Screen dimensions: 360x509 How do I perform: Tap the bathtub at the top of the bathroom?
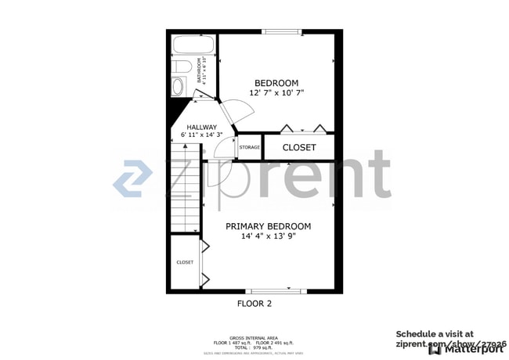pos(194,45)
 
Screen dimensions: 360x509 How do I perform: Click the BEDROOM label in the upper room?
pos(276,83)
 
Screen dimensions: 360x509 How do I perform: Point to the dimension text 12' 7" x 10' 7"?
pos(276,93)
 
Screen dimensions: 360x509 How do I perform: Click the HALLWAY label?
pos(201,128)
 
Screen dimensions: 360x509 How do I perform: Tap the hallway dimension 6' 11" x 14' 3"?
pos(201,136)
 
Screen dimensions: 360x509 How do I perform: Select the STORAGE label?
pos(249,147)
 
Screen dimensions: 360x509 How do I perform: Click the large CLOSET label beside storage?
pos(299,147)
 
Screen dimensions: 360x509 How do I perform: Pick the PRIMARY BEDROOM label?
pos(269,227)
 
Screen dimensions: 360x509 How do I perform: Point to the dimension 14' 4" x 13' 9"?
pos(269,237)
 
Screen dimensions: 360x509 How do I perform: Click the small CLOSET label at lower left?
pos(185,262)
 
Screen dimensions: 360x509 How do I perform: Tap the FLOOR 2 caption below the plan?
pos(254,303)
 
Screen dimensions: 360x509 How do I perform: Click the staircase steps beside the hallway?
pos(186,196)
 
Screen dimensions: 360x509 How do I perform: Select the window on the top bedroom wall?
pos(281,31)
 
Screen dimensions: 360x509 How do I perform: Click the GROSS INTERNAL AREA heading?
pos(254,338)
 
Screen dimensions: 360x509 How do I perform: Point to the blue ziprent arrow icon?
pos(132,178)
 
